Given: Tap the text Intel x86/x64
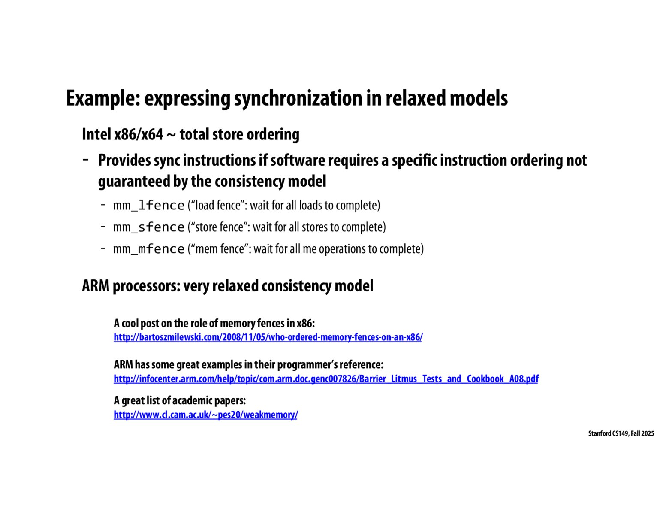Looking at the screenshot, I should [122, 134].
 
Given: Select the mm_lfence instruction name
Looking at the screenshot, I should [148, 206].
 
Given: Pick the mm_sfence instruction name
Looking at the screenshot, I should [148, 227].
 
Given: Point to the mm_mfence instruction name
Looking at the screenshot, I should [148, 249].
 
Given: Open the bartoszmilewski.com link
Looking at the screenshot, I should [268, 337].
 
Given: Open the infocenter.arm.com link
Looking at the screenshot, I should [326, 379].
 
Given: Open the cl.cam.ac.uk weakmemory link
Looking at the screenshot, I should [205, 415].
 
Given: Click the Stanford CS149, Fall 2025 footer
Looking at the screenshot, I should [621, 433].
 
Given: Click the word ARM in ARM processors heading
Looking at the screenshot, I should [95, 286].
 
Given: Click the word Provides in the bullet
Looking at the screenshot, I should [124, 161].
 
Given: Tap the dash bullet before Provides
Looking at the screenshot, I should [86, 160].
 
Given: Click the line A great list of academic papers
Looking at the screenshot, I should [180, 401].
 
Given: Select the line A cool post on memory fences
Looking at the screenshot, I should [214, 323].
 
